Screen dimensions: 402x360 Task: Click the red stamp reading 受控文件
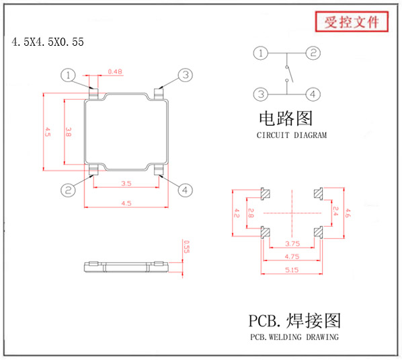click(x=352, y=22)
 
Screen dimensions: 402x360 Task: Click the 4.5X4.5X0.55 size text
click(x=48, y=42)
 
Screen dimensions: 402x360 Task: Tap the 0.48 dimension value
click(x=115, y=71)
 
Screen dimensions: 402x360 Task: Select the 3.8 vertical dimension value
click(x=68, y=132)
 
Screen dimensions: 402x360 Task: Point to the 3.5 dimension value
click(x=126, y=184)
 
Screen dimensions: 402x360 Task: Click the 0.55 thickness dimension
click(x=187, y=247)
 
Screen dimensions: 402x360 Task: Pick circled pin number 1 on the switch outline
click(x=68, y=75)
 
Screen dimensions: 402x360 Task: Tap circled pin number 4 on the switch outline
click(x=185, y=190)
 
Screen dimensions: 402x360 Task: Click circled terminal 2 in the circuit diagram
click(x=313, y=53)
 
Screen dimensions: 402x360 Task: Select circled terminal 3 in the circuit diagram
click(x=261, y=94)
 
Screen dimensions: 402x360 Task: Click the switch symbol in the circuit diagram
click(x=288, y=74)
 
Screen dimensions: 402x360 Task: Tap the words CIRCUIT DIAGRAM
click(x=292, y=135)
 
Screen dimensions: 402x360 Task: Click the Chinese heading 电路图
click(x=286, y=118)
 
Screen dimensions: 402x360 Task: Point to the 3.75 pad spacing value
click(x=292, y=244)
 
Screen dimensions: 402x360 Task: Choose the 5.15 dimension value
click(x=292, y=270)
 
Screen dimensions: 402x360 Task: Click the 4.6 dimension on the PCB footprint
click(x=348, y=213)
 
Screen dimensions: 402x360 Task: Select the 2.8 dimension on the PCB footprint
click(x=251, y=213)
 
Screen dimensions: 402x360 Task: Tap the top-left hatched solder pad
click(x=265, y=194)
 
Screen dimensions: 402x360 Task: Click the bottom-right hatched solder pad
click(x=319, y=232)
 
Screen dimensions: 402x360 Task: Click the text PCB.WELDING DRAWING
click(x=294, y=337)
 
